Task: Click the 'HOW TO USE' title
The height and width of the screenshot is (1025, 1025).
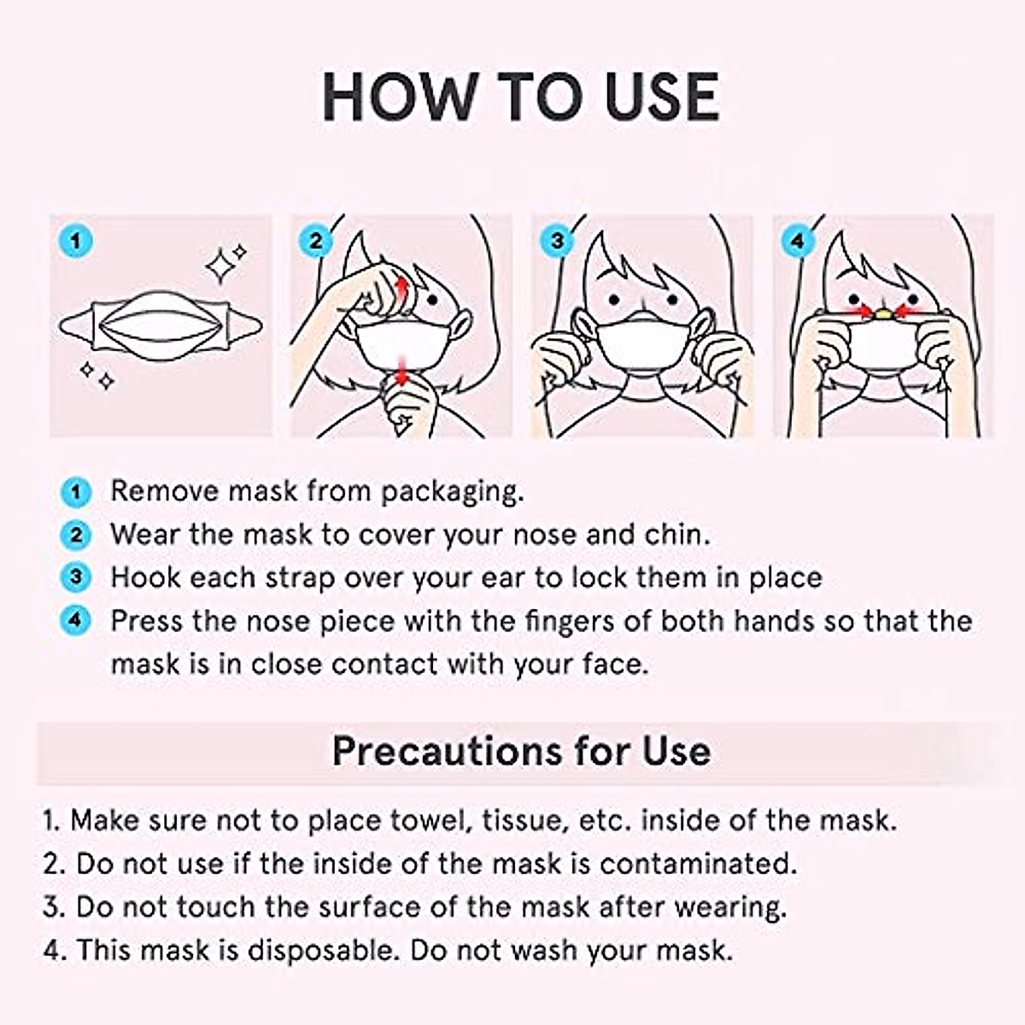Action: [x=520, y=97]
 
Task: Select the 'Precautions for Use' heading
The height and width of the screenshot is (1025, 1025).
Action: [x=520, y=751]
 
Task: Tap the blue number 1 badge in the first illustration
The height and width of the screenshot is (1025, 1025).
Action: [x=76, y=241]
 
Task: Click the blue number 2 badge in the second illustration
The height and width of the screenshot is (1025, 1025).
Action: [x=316, y=241]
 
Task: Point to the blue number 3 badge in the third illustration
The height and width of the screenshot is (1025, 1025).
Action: [x=557, y=241]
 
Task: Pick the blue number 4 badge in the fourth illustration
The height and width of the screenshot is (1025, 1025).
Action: [x=797, y=241]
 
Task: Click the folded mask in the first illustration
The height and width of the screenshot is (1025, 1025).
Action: [x=161, y=325]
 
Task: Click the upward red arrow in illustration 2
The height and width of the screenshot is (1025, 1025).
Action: [x=401, y=286]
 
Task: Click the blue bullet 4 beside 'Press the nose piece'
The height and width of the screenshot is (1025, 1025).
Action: [x=76, y=620]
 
